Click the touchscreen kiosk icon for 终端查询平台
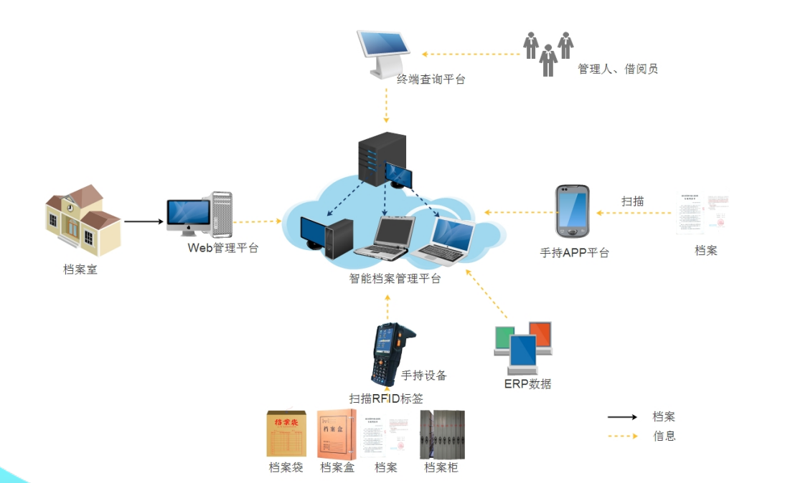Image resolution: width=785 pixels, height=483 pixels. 385,52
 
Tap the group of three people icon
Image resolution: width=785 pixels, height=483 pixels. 548,52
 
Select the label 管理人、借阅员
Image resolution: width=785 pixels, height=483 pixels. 618,69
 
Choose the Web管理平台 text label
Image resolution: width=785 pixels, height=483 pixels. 222,248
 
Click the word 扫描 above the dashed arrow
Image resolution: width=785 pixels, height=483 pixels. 632,201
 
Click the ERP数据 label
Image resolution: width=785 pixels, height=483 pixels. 527,383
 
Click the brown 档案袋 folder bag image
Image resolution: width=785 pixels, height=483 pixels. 286,434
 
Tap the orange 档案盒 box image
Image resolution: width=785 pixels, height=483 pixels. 337,434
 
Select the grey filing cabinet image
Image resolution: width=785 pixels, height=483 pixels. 442,434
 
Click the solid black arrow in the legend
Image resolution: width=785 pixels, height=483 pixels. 622,417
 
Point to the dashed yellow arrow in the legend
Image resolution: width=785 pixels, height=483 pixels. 622,436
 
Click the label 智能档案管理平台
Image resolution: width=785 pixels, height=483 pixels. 395,279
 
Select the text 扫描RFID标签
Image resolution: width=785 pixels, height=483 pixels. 386,399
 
